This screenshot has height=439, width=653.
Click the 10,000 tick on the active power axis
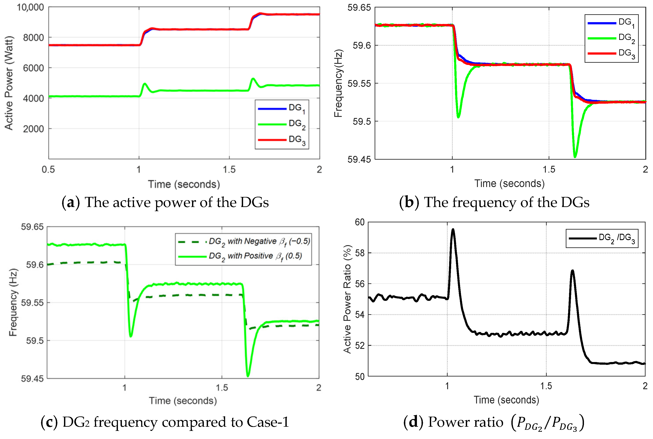point(30,7)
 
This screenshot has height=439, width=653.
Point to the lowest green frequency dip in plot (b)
point(575,157)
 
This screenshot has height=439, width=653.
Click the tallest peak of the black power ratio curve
point(453,230)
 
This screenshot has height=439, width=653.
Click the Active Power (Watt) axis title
point(9,83)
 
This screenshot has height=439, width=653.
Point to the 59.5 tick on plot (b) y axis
point(362,121)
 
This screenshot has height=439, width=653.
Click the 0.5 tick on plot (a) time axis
point(48,169)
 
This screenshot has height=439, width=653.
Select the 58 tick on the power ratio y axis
point(360,253)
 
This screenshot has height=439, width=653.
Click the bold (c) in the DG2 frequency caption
point(49,422)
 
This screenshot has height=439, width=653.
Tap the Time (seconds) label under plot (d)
point(506,400)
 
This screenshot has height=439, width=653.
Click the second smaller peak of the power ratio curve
point(572,271)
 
